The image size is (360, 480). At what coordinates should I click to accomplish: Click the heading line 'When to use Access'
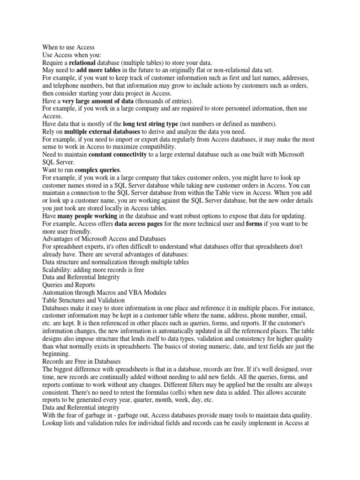(68, 47)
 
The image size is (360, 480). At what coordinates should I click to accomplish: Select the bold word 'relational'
(82, 62)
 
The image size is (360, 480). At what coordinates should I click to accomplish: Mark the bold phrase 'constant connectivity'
(117, 154)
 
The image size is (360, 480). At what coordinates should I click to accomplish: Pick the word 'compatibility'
(154, 147)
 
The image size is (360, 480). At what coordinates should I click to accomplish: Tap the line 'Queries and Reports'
(68, 285)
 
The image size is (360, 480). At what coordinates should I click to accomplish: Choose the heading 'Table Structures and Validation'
(83, 300)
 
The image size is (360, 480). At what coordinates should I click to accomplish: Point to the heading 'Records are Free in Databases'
(82, 361)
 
